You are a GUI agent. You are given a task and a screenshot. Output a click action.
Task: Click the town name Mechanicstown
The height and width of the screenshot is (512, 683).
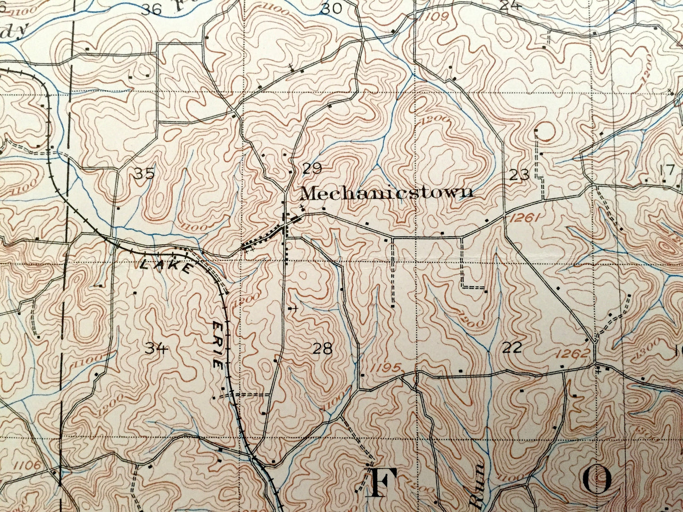click(386, 193)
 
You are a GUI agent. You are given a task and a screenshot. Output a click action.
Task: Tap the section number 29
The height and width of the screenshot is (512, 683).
click(312, 168)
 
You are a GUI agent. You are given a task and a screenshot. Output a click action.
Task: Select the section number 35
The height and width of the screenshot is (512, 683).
click(144, 174)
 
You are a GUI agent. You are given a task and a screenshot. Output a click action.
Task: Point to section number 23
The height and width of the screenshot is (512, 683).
click(519, 176)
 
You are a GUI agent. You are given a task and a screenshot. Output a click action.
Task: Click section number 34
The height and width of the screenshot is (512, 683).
click(156, 349)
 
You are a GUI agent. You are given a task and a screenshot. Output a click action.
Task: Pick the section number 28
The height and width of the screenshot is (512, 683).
click(322, 349)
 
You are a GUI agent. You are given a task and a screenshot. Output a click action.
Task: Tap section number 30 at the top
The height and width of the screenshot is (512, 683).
click(331, 8)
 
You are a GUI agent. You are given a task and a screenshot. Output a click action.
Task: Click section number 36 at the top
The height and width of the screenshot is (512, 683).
click(152, 9)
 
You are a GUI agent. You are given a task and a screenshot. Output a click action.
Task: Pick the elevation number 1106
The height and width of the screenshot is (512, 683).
click(27, 465)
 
